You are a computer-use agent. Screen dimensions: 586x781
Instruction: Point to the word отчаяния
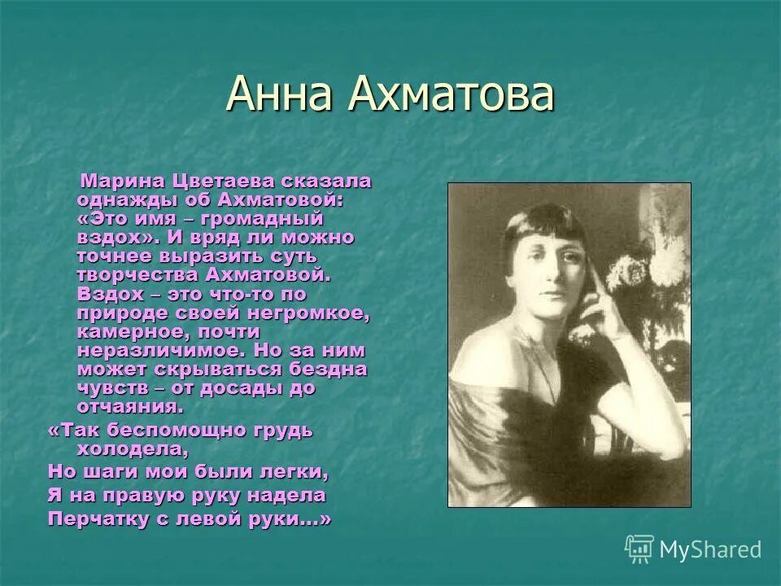coord(128,406)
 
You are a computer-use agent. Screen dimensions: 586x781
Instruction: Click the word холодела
coord(133,448)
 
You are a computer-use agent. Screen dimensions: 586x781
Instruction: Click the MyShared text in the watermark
coord(710,549)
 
